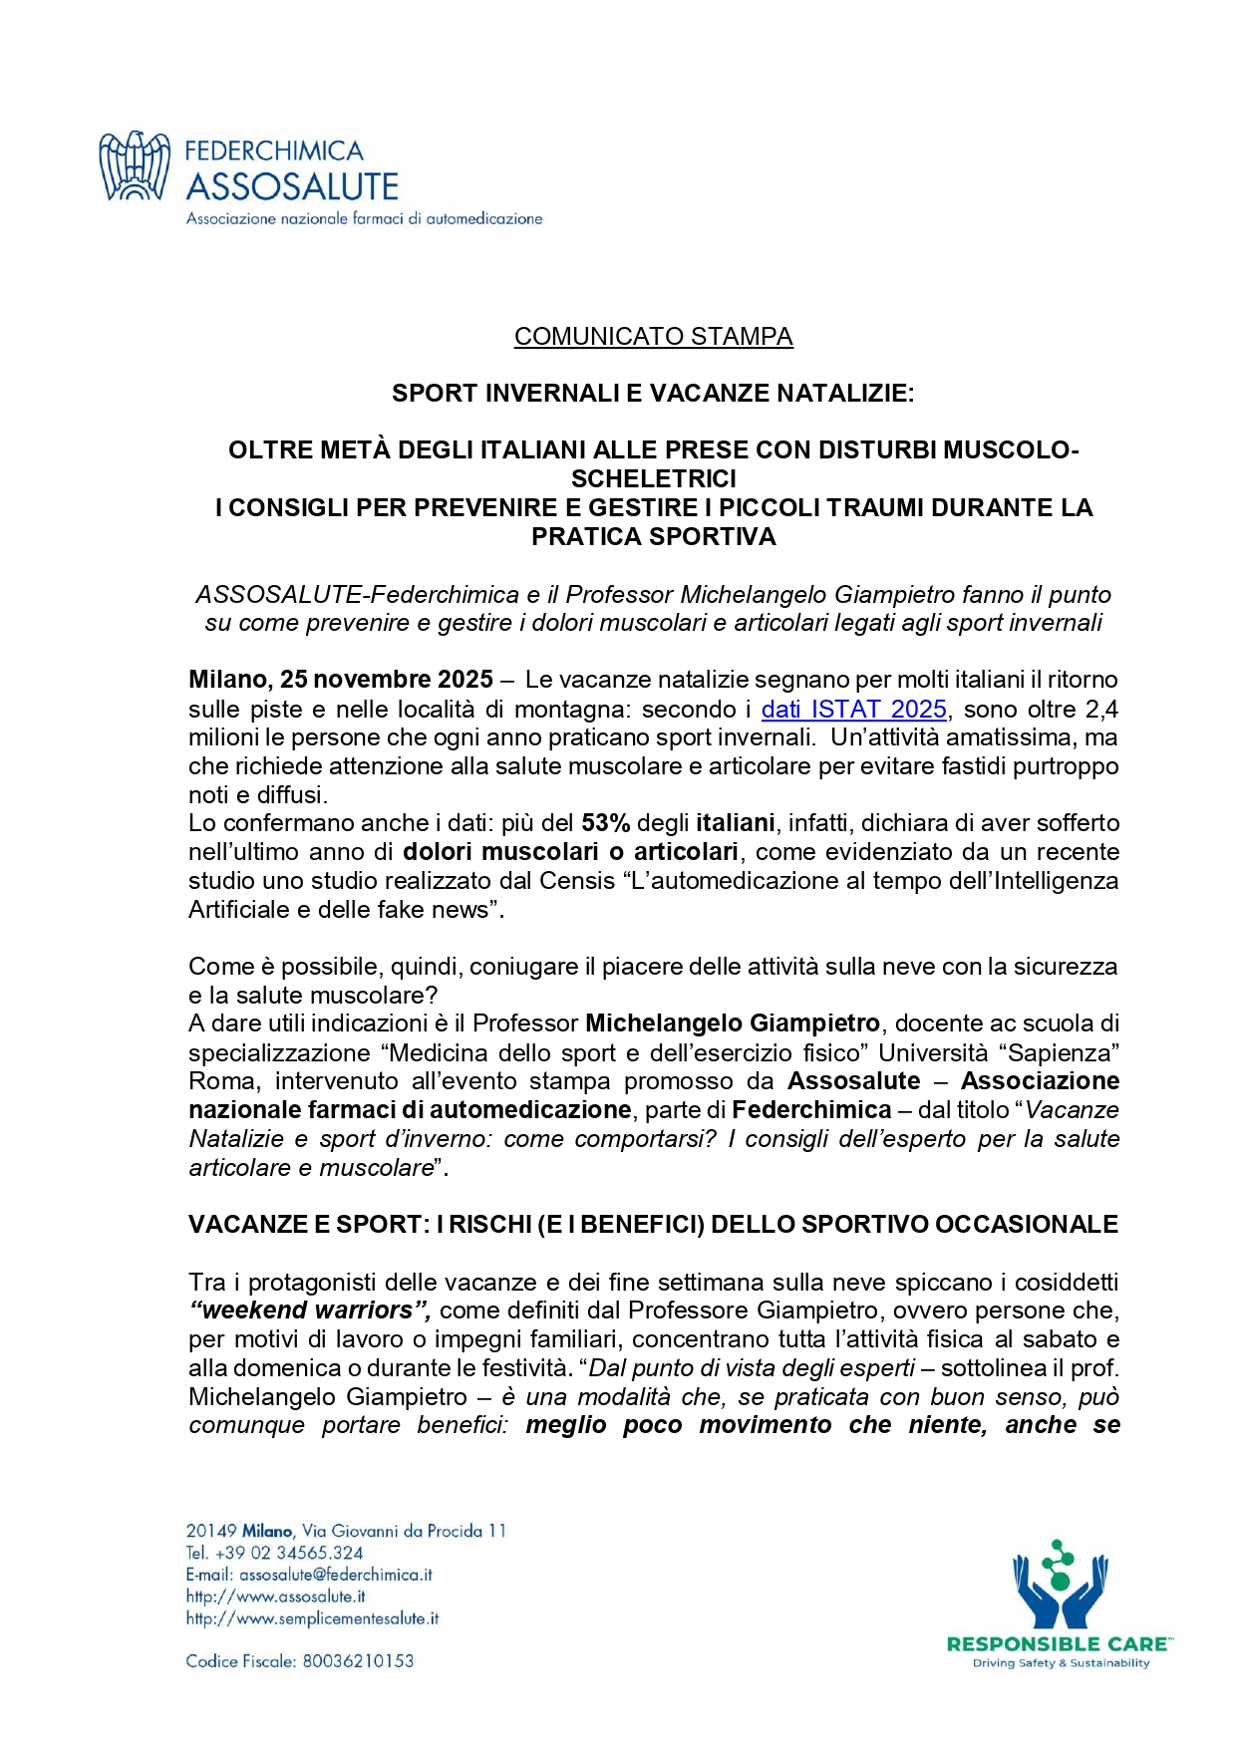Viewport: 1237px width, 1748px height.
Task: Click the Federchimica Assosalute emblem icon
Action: click(135, 166)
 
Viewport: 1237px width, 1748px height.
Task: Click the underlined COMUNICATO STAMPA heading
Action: click(653, 337)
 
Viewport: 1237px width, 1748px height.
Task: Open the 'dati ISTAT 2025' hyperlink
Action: click(853, 710)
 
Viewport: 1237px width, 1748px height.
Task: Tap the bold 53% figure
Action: click(605, 824)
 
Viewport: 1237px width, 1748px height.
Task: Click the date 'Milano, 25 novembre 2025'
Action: click(340, 681)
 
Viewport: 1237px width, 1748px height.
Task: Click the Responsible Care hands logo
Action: click(1060, 1586)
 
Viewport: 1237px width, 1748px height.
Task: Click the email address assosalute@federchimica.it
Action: click(336, 1575)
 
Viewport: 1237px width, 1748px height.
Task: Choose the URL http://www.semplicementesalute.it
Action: click(312, 1618)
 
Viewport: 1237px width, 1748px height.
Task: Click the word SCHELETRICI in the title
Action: click(653, 479)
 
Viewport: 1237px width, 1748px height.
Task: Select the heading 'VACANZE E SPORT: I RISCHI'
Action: click(653, 1225)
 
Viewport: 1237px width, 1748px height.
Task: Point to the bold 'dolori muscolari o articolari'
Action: click(570, 853)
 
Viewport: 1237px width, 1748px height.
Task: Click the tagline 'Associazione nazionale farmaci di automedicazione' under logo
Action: click(364, 218)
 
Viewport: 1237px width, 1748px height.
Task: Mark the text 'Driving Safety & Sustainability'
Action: click(1061, 1663)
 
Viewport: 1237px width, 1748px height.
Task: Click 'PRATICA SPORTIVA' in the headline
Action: click(653, 537)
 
